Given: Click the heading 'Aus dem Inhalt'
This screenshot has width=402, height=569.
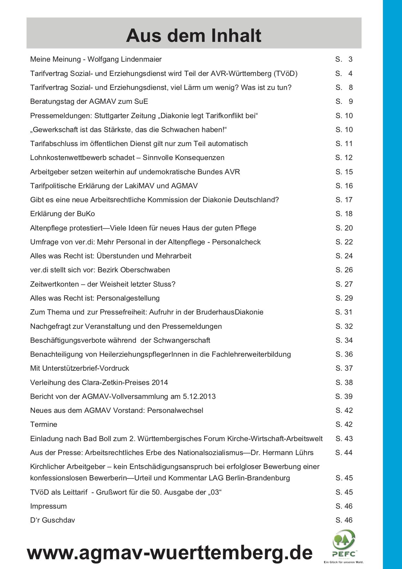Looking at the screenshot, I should pyautogui.click(x=194, y=35).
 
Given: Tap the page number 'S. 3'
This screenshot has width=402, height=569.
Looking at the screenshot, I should pyautogui.click(x=344, y=59).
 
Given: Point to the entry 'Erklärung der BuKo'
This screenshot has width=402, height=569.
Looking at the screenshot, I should pyautogui.click(x=63, y=214).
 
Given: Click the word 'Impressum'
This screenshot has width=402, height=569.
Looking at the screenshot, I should pyautogui.click(x=48, y=506).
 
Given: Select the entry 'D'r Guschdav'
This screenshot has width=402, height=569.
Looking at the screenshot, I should pyautogui.click(x=53, y=520).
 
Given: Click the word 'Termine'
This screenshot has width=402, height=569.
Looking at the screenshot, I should pyautogui.click(x=44, y=424).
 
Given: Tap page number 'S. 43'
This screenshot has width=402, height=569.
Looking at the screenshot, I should pyautogui.click(x=344, y=439).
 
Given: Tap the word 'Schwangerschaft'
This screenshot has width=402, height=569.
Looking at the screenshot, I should pyautogui.click(x=182, y=340).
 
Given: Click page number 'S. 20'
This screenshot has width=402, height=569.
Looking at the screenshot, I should pyautogui.click(x=344, y=228).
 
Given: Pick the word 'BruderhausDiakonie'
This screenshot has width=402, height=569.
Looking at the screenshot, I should pyautogui.click(x=230, y=312).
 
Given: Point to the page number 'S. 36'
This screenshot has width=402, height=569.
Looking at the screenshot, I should pyautogui.click(x=344, y=354).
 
